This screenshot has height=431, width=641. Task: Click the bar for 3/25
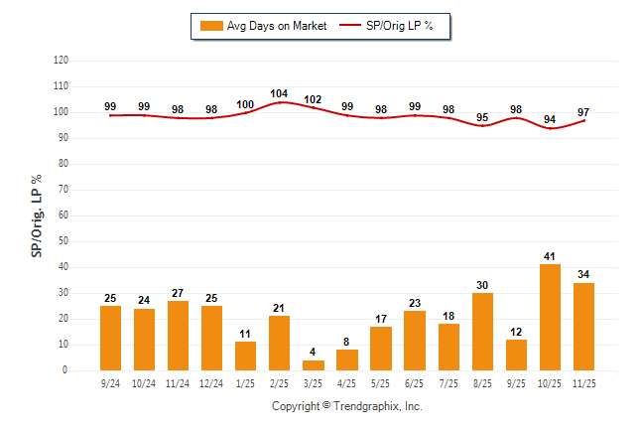pos(314,364)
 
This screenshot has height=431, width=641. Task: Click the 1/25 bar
pos(246,356)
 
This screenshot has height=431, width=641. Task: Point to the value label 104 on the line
pos(280,93)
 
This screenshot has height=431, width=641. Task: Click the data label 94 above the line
pos(550,119)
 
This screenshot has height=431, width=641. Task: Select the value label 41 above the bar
pos(550,256)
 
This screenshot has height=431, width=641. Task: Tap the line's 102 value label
pos(314,99)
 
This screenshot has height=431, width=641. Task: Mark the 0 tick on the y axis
pos(65,370)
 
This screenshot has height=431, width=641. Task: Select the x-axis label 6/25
pos(415,382)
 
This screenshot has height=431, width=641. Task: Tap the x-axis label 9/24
pos(111,382)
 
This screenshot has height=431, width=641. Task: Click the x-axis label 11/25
pos(583,382)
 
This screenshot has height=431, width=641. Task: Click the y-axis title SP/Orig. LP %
pos(37,215)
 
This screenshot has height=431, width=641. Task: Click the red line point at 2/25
pos(280,102)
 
